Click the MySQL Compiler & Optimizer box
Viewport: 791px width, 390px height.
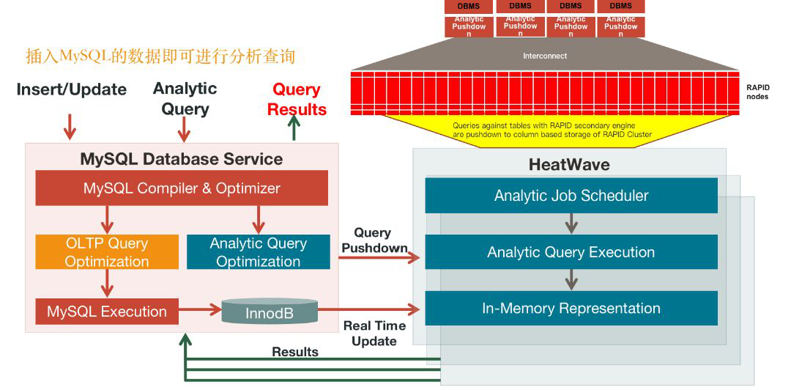tap(182, 188)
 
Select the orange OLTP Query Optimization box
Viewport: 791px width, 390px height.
tap(107, 252)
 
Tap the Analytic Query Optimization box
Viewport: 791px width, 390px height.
tap(258, 252)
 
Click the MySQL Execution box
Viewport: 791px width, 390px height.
tap(107, 312)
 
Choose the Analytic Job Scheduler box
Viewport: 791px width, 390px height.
tap(571, 196)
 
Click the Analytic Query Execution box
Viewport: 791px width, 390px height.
tap(571, 252)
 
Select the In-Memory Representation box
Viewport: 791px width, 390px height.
tap(571, 309)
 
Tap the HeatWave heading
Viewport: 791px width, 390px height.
tap(569, 164)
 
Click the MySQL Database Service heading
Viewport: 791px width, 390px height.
tap(181, 159)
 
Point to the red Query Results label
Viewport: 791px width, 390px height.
tap(297, 100)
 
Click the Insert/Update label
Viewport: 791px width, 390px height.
tap(72, 89)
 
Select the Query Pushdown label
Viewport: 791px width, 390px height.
tap(374, 240)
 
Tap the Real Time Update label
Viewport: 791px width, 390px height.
tap(374, 334)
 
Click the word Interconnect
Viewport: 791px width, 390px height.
tap(545, 56)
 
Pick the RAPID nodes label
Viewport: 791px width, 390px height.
tap(757, 92)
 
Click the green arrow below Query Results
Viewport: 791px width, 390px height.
tap(294, 129)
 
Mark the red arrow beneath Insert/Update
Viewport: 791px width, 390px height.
tap(70, 126)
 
